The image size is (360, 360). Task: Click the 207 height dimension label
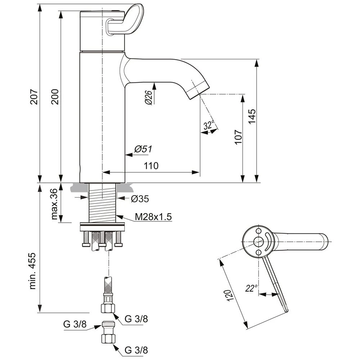33,96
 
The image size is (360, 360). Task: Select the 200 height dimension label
55,96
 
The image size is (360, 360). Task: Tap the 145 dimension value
252,117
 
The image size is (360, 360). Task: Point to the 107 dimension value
238,137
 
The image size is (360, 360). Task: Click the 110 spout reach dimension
151,166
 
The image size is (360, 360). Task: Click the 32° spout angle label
209,125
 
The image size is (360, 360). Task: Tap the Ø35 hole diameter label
140,198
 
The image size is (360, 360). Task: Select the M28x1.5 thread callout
153,217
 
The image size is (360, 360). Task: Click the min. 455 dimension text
33,270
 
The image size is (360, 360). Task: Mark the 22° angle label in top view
252,288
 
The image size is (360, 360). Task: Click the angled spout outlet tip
198,90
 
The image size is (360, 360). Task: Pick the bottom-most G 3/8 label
136,350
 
